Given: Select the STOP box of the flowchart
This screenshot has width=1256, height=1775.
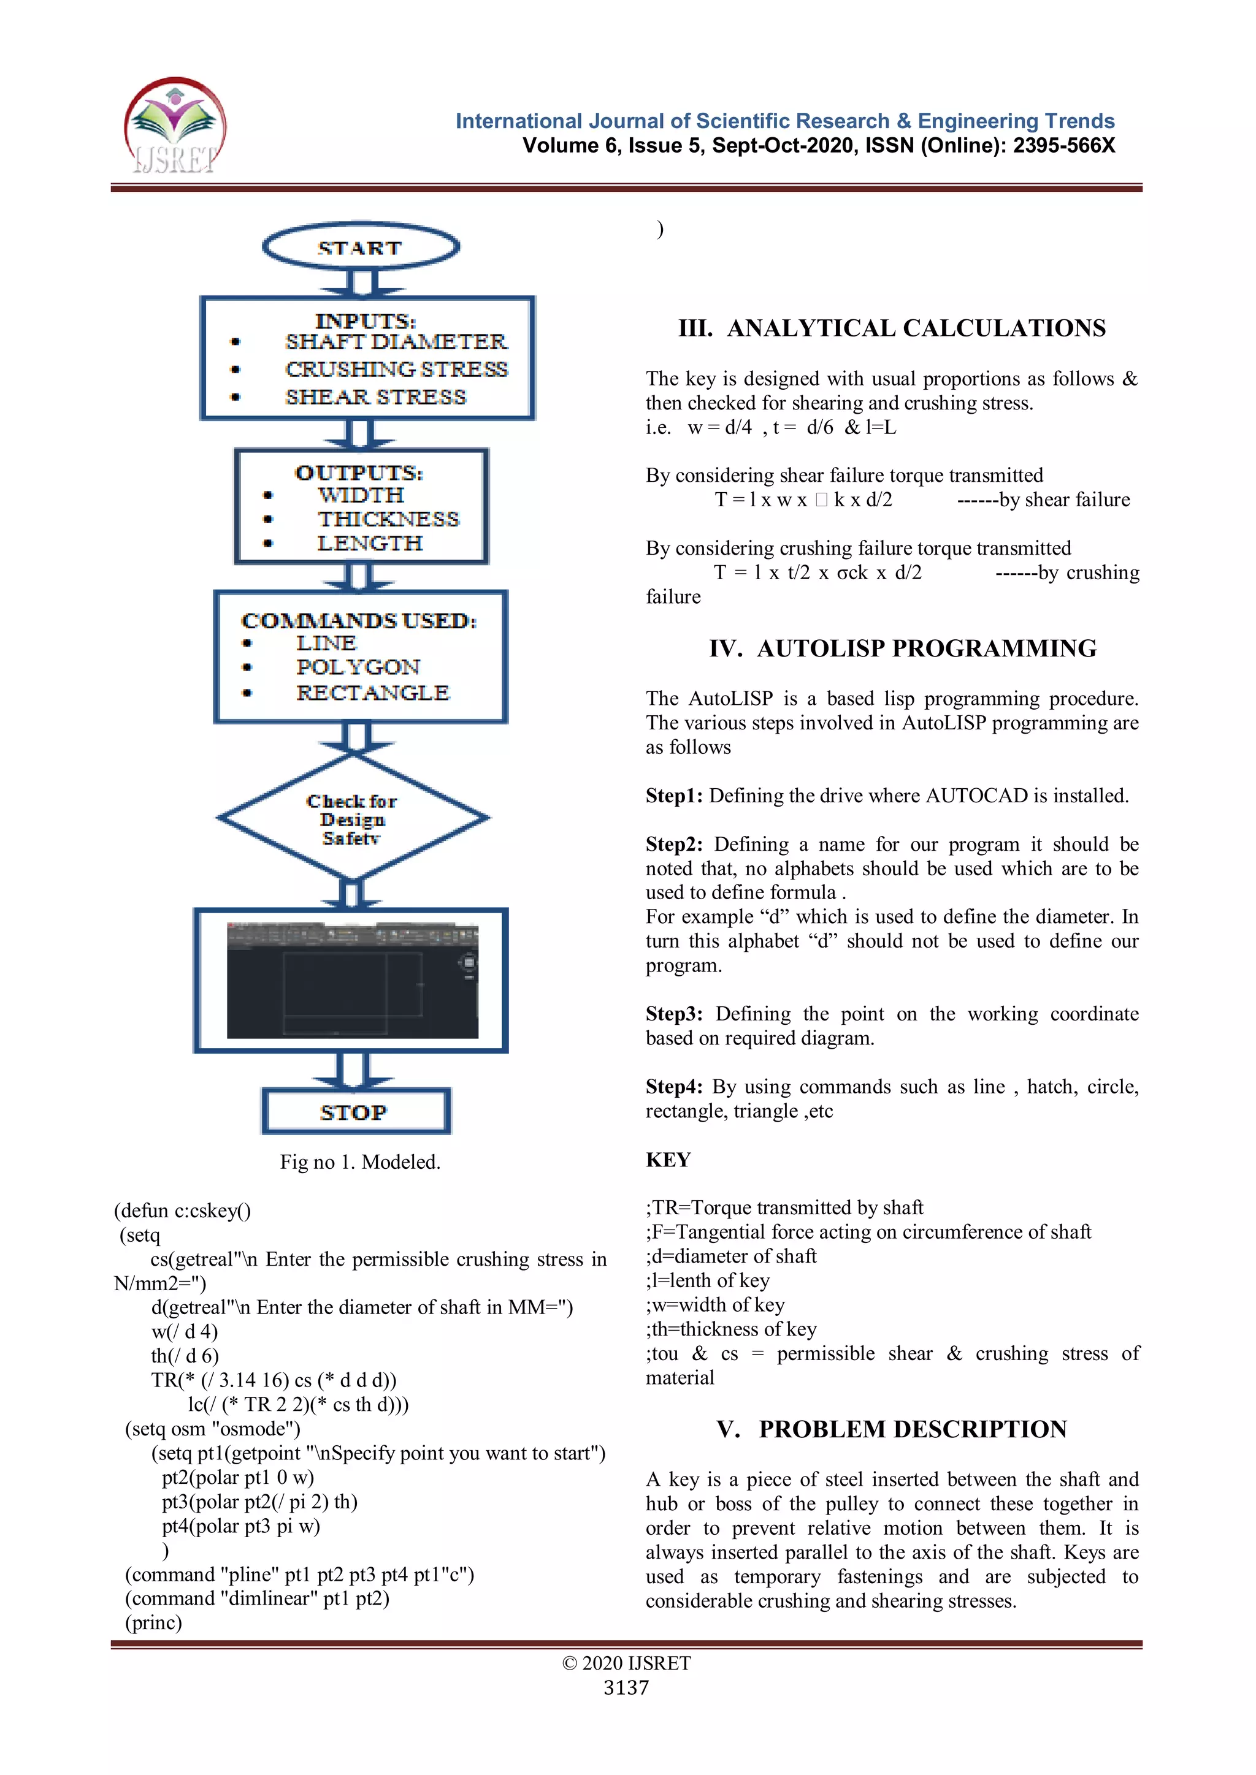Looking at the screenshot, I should click(356, 1112).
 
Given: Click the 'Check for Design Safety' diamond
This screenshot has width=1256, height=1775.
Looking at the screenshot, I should click(353, 818).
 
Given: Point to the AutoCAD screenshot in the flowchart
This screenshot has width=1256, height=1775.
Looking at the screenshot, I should click(352, 980).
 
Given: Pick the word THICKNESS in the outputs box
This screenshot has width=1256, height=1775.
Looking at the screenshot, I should click(388, 519).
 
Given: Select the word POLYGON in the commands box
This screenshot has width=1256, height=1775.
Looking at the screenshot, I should click(358, 667).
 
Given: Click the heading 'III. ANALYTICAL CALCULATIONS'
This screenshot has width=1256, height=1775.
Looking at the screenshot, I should click(892, 328).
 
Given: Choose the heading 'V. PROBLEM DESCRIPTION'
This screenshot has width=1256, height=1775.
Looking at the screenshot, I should click(892, 1429).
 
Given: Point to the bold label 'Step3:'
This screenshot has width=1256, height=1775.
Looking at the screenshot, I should click(673, 1014).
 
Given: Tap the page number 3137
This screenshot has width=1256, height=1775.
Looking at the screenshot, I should click(626, 1687).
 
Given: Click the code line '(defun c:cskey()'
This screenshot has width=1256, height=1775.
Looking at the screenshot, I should click(183, 1211).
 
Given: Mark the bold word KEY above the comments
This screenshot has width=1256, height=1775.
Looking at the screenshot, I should click(668, 1160).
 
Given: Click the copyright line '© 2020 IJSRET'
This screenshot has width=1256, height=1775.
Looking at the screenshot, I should click(626, 1663).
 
